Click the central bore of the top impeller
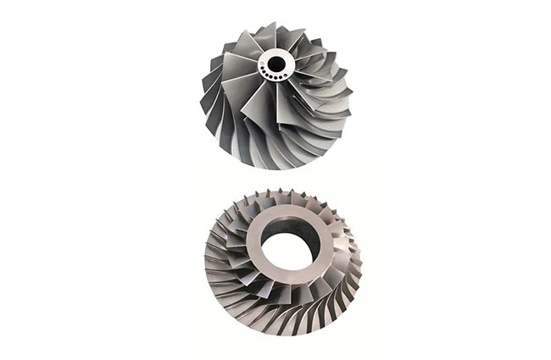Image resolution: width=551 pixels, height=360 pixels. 276,62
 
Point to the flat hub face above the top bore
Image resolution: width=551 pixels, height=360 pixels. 276,52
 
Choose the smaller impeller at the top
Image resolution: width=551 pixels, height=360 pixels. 276,93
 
